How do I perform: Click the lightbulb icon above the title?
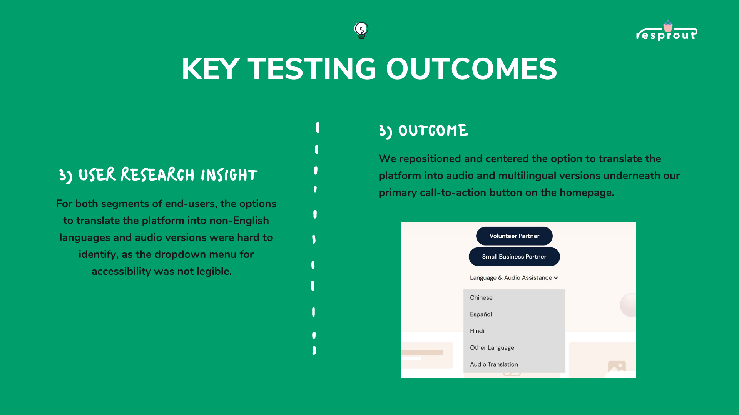pyautogui.click(x=361, y=30)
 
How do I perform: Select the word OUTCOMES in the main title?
pyautogui.click(x=471, y=69)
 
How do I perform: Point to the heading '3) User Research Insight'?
pyautogui.click(x=158, y=175)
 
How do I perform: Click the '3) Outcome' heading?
pyautogui.click(x=424, y=131)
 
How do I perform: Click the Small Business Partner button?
pyautogui.click(x=514, y=257)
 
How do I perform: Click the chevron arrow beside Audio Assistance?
pyautogui.click(x=556, y=278)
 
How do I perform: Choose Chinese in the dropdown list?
pyautogui.click(x=481, y=298)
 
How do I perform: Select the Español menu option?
pyautogui.click(x=481, y=314)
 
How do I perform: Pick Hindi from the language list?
pyautogui.click(x=477, y=331)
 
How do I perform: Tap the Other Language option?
pyautogui.click(x=492, y=348)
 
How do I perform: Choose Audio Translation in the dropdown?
pyautogui.click(x=494, y=364)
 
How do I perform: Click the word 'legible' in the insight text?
pyautogui.click(x=214, y=272)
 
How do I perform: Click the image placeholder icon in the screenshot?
pyautogui.click(x=617, y=366)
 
